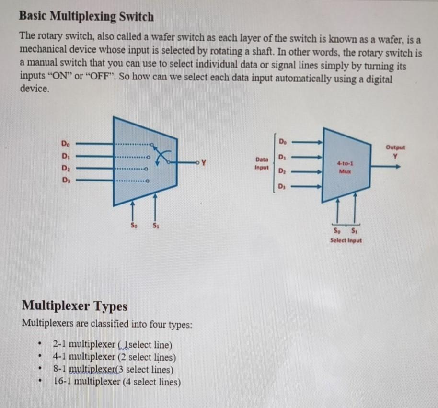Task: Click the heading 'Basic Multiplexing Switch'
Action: [x=86, y=17]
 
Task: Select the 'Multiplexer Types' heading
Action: [x=75, y=306]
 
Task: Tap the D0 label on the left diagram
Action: [x=65, y=143]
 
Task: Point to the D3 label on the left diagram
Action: [x=65, y=181]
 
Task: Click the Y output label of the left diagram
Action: [x=204, y=162]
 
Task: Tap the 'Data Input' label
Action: [x=262, y=163]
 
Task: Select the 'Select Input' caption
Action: [x=346, y=240]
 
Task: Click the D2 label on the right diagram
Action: [x=282, y=171]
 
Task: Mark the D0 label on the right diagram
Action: [x=282, y=140]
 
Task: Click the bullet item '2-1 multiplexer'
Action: [x=113, y=344]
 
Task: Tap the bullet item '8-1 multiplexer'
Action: [x=113, y=369]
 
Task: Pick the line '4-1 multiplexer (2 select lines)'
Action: [x=114, y=357]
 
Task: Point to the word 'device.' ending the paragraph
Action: [x=35, y=89]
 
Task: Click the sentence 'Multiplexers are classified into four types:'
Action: [x=107, y=323]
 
